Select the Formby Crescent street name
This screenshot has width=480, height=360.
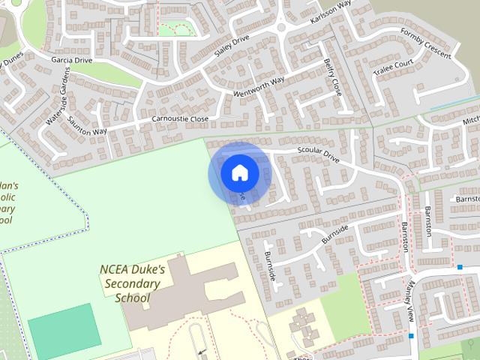(424, 43)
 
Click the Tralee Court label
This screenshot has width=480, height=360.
(394, 67)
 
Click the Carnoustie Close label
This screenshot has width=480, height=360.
(180, 119)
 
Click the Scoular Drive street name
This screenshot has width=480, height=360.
(319, 156)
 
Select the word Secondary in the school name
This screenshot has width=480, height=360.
(132, 283)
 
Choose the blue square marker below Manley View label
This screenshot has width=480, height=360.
(411, 335)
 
